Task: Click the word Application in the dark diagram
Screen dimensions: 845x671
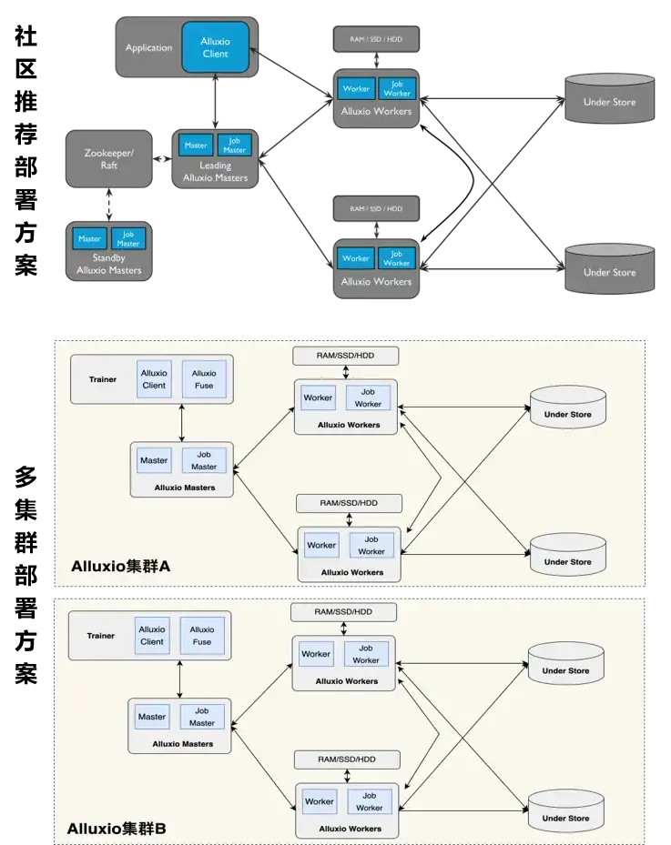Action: click(148, 47)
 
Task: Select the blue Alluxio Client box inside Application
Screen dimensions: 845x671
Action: click(215, 47)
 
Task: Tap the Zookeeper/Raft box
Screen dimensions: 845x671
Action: click(108, 159)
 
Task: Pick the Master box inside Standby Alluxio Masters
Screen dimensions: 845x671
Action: click(89, 238)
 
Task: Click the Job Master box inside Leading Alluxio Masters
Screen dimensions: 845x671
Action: click(235, 146)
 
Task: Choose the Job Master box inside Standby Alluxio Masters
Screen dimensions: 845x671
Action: click(128, 238)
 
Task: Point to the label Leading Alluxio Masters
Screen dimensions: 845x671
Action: click(215, 172)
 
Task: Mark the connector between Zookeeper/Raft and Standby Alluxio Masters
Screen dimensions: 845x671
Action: click(108, 204)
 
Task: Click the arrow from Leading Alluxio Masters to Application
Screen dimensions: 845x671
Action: click(215, 102)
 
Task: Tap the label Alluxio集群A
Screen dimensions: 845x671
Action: click(121, 567)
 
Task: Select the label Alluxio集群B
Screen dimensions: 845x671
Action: click(117, 829)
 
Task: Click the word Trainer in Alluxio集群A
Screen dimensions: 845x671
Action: click(102, 378)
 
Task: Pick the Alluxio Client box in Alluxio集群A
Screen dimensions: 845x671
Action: click(154, 378)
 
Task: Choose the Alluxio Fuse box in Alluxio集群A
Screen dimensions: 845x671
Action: click(204, 378)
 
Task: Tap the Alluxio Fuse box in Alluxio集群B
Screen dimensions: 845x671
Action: click(202, 635)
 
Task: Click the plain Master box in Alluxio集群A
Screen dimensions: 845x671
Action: click(154, 460)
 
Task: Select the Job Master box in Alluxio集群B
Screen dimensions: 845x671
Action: click(202, 717)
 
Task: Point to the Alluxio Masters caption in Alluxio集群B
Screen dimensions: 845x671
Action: click(183, 744)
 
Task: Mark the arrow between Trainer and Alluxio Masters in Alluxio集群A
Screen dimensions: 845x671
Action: click(182, 423)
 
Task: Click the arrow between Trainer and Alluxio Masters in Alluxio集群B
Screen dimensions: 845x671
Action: click(180, 679)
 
